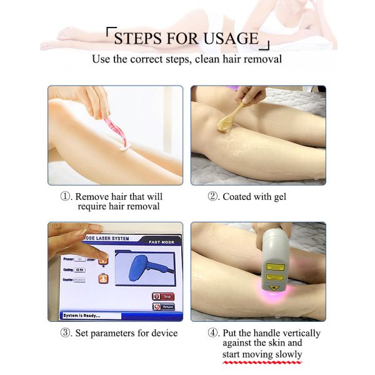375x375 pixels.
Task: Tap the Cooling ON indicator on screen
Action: tap(79, 269)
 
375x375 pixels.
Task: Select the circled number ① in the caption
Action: tap(66, 196)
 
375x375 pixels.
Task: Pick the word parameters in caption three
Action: tap(112, 332)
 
